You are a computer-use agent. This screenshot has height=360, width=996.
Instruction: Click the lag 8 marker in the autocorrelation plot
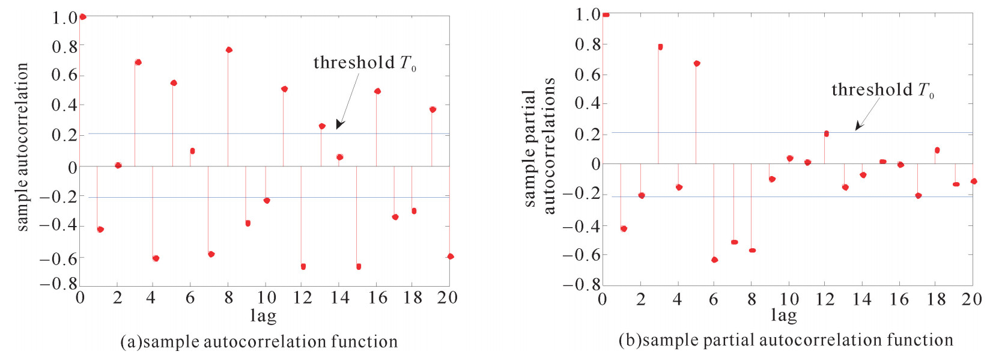[x=229, y=50]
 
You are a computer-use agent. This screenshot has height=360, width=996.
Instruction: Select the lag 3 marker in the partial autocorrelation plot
[x=660, y=47]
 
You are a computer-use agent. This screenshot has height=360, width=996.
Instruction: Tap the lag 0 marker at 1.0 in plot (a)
[x=82, y=17]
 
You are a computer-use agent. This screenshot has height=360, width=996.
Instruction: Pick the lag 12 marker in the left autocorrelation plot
[x=303, y=266]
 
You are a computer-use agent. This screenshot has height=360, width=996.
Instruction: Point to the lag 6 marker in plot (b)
[x=714, y=260]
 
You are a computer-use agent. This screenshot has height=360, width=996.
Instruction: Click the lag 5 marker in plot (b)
[x=697, y=63]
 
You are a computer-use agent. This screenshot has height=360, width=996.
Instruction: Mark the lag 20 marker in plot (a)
[x=451, y=257]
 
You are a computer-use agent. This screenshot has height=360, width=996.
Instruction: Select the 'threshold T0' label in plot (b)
[x=882, y=90]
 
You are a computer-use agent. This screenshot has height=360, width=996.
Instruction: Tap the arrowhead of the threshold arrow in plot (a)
[x=339, y=125]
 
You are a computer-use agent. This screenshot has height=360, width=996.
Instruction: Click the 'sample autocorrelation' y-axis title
[x=22, y=147]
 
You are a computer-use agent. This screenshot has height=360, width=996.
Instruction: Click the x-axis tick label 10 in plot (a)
[x=266, y=297]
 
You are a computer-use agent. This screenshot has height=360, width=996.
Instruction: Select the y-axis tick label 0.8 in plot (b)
[x=588, y=44]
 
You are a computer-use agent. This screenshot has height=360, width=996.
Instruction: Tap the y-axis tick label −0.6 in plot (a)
[x=58, y=258]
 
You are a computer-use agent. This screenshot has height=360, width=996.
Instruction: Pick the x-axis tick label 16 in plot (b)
[x=899, y=299]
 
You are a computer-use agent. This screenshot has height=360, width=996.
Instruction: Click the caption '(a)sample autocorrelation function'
[x=259, y=342]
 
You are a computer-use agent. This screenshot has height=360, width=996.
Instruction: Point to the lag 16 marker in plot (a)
[x=377, y=91]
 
